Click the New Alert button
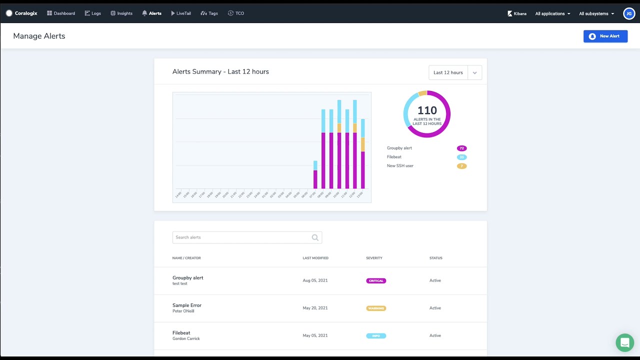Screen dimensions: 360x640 605,36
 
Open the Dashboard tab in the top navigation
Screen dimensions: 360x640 61,13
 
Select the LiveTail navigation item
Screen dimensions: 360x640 181,13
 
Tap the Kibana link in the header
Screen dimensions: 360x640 517,13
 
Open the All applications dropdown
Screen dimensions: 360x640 552,13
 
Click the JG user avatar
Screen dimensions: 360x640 629,13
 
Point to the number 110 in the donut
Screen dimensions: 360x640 427,110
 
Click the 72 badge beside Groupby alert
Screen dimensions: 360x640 461,148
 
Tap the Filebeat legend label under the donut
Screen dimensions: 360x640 394,157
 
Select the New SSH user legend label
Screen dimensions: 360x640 400,166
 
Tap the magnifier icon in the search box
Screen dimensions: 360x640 315,237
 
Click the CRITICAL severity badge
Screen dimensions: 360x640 376,281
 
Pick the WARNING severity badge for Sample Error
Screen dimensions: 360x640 376,308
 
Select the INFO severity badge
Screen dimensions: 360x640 376,336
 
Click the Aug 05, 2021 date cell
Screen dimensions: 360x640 315,280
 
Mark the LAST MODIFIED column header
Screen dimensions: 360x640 315,258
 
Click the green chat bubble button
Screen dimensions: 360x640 624,343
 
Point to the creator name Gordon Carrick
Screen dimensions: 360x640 186,339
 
